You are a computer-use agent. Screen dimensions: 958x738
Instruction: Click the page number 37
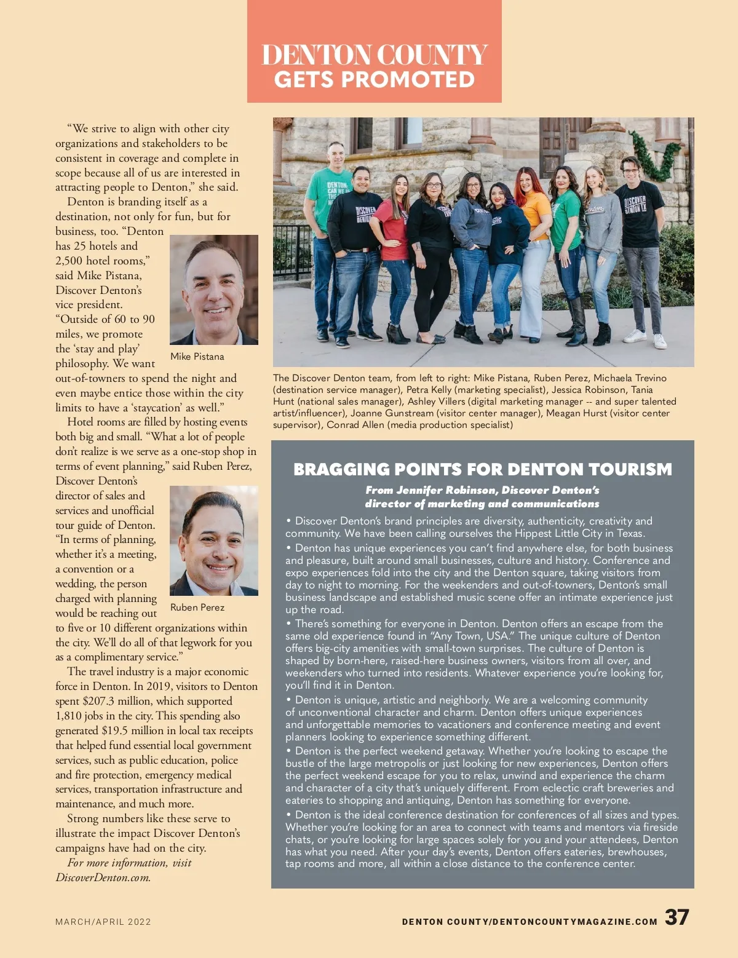(x=676, y=917)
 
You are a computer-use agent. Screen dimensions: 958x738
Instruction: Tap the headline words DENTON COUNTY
(x=375, y=55)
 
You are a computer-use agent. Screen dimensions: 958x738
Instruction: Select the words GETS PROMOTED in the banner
(x=375, y=80)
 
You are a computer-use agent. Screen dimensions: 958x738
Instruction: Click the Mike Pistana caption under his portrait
(x=197, y=357)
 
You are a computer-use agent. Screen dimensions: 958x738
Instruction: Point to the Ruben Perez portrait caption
(x=197, y=608)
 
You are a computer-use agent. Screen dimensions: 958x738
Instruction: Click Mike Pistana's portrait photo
(x=213, y=290)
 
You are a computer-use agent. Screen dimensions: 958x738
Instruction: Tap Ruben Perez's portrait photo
(x=213, y=540)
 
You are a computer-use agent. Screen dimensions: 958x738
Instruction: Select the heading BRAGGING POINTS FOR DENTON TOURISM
(x=483, y=469)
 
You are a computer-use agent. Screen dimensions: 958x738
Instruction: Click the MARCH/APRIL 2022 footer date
(x=103, y=922)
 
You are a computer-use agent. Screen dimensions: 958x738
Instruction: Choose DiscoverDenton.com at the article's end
(x=103, y=877)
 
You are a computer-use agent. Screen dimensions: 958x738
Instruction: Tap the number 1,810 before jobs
(x=70, y=716)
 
